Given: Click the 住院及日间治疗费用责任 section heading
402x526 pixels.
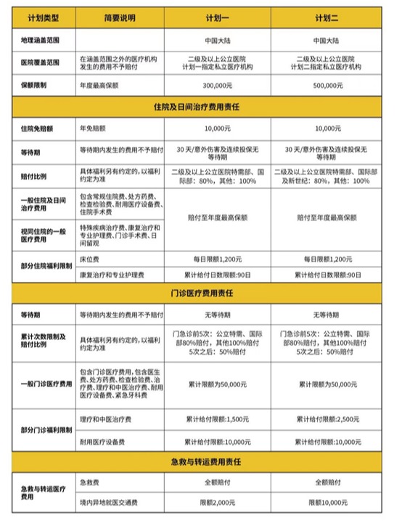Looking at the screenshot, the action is (200, 106).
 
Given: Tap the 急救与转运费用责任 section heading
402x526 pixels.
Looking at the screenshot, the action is (200, 461).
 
